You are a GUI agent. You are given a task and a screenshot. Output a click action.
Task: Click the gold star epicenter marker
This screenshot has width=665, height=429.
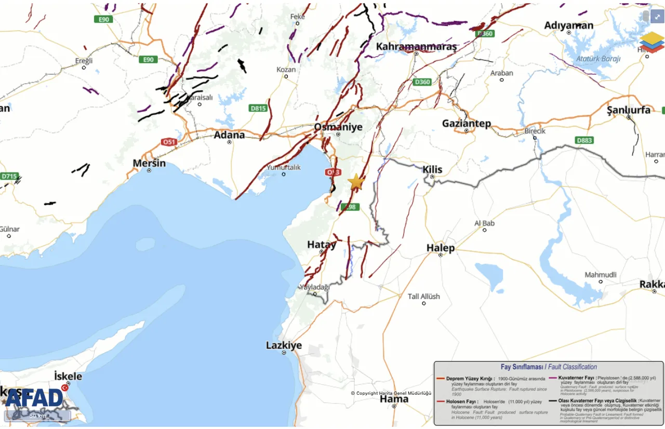(356, 182)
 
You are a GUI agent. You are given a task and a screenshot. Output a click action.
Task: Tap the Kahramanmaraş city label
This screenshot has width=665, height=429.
(416, 47)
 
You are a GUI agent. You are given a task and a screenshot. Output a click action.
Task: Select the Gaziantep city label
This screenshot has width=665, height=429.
(466, 124)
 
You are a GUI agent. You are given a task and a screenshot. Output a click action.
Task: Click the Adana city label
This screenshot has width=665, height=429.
(229, 135)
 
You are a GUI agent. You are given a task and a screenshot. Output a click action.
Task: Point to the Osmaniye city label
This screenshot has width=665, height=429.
(338, 127)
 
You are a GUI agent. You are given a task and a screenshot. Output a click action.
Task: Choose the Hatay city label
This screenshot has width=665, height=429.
(322, 245)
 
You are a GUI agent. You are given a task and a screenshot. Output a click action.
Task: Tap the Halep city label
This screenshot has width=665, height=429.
(440, 248)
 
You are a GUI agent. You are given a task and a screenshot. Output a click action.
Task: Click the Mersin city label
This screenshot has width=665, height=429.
(149, 164)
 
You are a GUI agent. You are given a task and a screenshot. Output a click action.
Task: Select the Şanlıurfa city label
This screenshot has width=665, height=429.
(629, 110)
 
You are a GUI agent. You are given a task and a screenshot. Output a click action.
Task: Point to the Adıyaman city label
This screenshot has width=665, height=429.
(568, 25)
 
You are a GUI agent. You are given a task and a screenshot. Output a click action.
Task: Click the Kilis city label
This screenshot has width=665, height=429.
(432, 169)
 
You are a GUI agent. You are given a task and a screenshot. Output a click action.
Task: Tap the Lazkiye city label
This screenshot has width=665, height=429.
(284, 345)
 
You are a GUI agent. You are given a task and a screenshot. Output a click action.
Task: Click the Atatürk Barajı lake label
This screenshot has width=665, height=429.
(598, 59)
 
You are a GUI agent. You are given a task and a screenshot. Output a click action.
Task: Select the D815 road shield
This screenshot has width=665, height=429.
(258, 108)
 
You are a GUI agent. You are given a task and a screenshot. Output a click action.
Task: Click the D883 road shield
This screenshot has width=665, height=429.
(584, 140)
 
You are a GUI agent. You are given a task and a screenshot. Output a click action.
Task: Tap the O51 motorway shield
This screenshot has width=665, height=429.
(169, 141)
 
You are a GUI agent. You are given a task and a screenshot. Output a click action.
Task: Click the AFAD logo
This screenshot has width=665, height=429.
(34, 398)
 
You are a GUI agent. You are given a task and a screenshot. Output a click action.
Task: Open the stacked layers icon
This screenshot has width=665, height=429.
(651, 42)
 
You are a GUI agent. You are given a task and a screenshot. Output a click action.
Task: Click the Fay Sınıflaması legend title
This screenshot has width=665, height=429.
(549, 367)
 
